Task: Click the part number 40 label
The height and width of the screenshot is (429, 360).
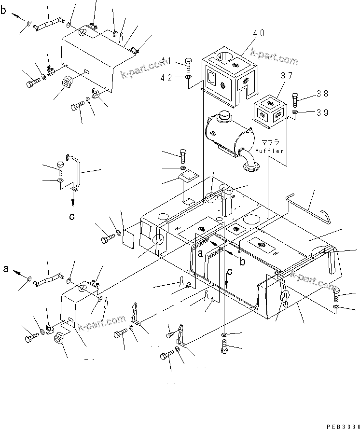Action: coord(259,33)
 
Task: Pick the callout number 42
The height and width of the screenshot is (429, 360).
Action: coord(166,77)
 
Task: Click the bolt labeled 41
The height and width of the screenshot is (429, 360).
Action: coord(188,64)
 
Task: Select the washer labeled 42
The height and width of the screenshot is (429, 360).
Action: coord(188,77)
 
